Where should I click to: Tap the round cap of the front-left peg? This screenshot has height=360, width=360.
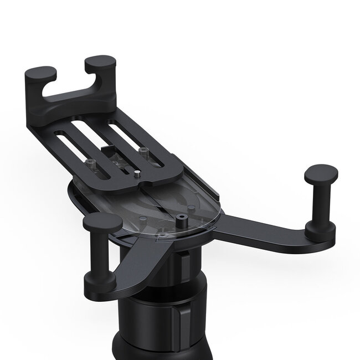coord(102,222)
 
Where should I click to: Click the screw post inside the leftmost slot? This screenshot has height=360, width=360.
coord(90,163)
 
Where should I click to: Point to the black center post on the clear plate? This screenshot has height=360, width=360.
coord(181,220)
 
